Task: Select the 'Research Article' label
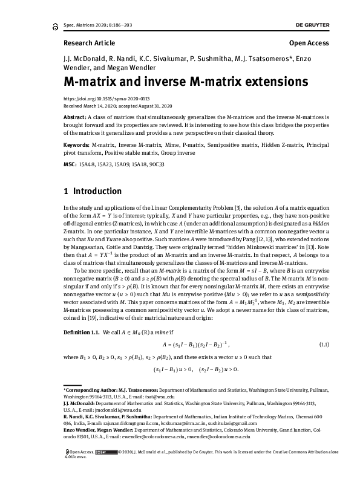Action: [88, 44]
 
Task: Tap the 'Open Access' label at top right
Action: [309, 44]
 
